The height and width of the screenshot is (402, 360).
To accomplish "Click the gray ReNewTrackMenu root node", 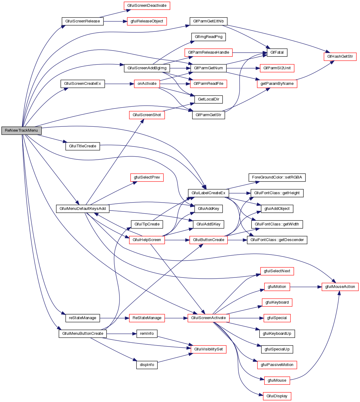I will pyautogui.click(x=21, y=130).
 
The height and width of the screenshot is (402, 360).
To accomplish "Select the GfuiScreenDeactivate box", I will pyautogui.click(x=147, y=6).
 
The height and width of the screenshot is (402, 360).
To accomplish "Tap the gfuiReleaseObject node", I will pyautogui.click(x=147, y=21).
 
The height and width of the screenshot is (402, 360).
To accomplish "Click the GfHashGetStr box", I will pyautogui.click(x=340, y=57).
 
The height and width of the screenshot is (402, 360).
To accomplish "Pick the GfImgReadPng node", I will pyautogui.click(x=208, y=37).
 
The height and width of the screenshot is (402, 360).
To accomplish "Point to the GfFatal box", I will pyautogui.click(x=277, y=52).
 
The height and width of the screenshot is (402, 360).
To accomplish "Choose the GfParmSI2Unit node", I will pyautogui.click(x=277, y=68).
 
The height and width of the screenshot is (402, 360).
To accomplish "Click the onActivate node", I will pyautogui.click(x=147, y=84).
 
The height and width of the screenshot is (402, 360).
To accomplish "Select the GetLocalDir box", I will pyautogui.click(x=208, y=99).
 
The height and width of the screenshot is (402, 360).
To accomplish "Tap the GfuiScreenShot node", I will pyautogui.click(x=147, y=115).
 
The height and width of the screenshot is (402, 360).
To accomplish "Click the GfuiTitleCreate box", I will pyautogui.click(x=83, y=146).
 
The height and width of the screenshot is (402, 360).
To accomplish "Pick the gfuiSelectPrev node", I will pyautogui.click(x=147, y=178).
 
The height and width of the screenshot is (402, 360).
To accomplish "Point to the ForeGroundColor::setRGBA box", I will pyautogui.click(x=277, y=178).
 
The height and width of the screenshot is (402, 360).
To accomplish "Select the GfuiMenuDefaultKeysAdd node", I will pyautogui.click(x=83, y=209).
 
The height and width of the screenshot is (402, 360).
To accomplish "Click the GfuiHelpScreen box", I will pyautogui.click(x=147, y=240).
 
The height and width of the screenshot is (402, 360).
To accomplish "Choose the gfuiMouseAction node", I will pyautogui.click(x=340, y=287).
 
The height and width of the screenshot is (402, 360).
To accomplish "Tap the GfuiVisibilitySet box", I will pyautogui.click(x=208, y=349).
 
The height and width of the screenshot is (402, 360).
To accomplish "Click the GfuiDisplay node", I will pyautogui.click(x=277, y=396).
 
